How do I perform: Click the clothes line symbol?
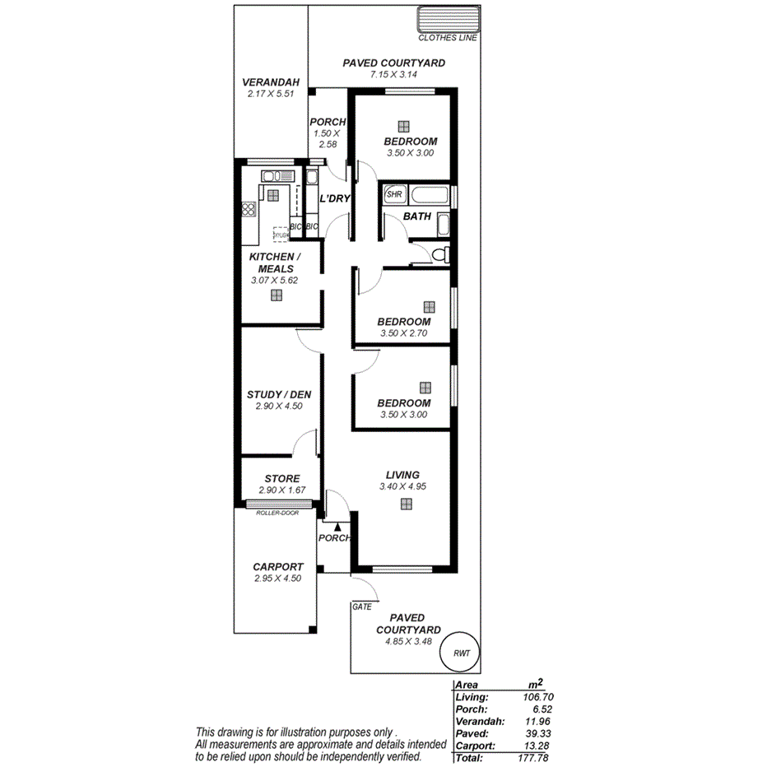447,20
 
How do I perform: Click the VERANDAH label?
270,82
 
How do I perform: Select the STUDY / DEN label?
279,394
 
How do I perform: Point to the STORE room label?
282,478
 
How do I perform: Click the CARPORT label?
278,567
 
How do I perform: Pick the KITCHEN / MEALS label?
276,263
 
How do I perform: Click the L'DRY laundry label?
335,198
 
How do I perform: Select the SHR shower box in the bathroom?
394,195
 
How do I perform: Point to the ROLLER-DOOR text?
277,512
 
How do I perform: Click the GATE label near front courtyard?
361,607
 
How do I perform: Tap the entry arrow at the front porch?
338,525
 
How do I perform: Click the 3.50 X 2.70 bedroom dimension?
403,333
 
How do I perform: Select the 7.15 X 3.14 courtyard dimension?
394,74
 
